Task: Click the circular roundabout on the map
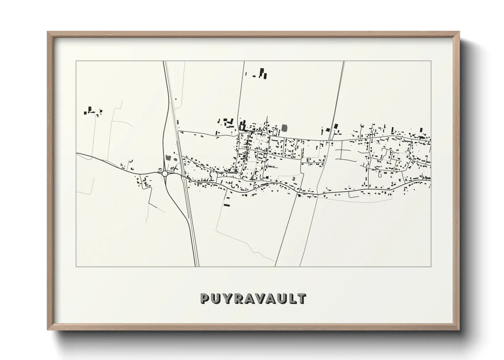[165, 174]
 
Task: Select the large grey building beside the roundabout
[168, 158]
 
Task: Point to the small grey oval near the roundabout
[175, 158]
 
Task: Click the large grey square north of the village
[285, 128]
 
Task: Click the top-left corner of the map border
[76, 61]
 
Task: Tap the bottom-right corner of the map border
[431, 266]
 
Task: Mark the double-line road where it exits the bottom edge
[197, 266]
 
